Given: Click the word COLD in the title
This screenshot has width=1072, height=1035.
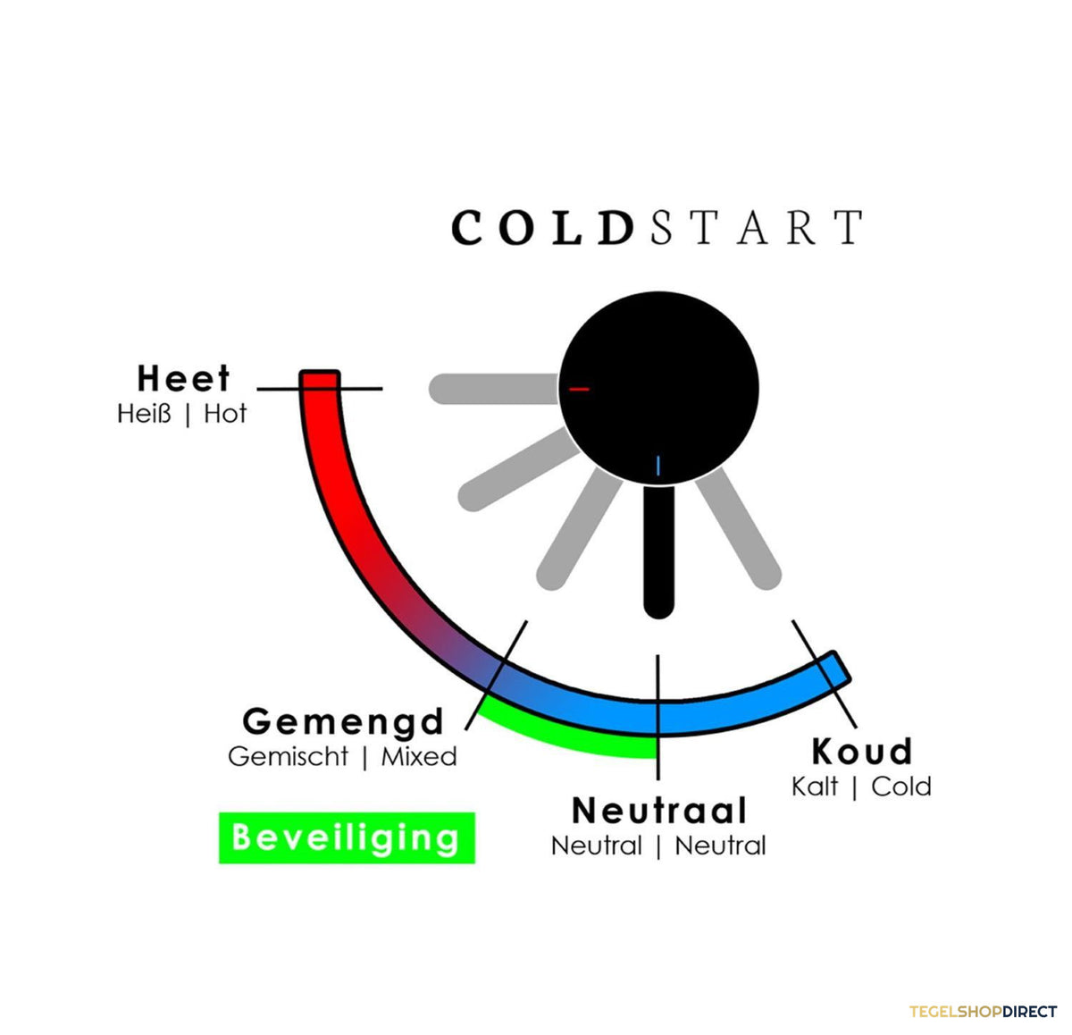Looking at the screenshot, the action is [x=542, y=227].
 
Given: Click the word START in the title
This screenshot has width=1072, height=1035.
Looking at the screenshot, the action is [x=757, y=227].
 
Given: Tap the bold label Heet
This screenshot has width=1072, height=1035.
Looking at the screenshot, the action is [x=183, y=378].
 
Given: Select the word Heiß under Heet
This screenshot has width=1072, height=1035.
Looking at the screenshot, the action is [x=144, y=413].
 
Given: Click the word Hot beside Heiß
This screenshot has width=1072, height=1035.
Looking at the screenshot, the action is [x=225, y=413].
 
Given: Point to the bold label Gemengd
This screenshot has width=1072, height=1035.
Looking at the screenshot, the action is [x=343, y=721].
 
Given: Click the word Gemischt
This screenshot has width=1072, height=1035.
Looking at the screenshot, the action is [x=289, y=757].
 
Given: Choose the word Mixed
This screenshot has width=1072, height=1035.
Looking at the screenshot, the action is [x=419, y=757].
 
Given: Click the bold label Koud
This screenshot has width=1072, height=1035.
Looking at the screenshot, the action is [x=862, y=751].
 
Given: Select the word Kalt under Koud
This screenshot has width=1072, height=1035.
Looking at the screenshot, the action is [x=815, y=787].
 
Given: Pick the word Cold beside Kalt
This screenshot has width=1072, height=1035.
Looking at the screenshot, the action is [x=901, y=787].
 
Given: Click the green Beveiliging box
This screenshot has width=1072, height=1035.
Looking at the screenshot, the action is [x=347, y=837].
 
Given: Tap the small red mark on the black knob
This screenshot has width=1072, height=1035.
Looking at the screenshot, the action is [x=579, y=389].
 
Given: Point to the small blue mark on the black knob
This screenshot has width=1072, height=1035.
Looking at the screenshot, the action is [x=657, y=466].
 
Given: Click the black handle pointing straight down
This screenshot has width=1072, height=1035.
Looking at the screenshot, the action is [x=659, y=551].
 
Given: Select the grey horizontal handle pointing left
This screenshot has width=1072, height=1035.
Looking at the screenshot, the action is [x=494, y=389].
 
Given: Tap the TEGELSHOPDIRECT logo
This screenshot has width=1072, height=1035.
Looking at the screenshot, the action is [x=983, y=1011].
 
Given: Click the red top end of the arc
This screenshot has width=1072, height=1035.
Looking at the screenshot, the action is [x=320, y=380].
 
